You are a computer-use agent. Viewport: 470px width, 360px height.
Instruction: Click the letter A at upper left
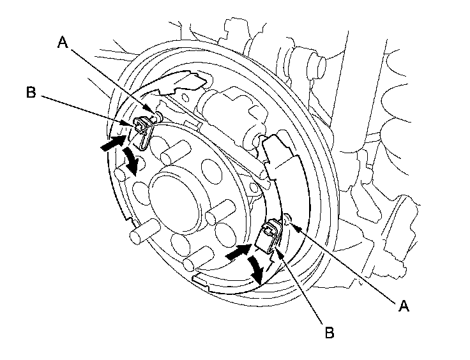tap(62, 43)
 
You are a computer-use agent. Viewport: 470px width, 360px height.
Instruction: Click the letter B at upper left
tap(31, 91)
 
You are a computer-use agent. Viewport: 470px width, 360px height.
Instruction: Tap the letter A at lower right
tap(402, 307)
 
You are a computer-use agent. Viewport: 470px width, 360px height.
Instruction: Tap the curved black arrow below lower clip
tap(257, 270)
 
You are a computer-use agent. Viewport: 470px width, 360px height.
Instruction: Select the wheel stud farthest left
tap(139, 234)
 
